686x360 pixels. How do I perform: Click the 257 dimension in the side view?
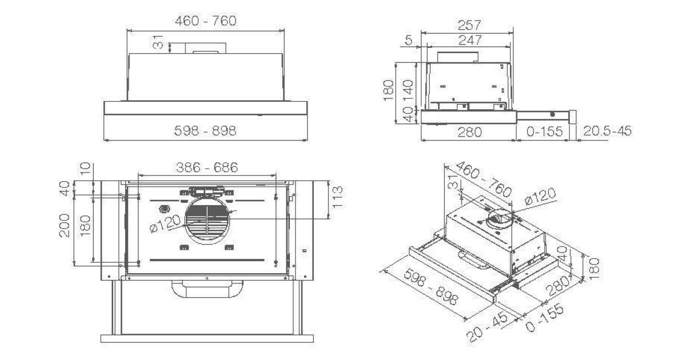[469, 25]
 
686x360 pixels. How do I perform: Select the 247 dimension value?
[470, 40]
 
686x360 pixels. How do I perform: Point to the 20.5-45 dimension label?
[607, 131]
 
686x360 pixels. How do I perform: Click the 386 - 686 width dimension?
[207, 167]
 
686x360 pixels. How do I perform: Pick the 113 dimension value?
[337, 198]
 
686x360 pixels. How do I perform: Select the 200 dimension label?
[64, 225]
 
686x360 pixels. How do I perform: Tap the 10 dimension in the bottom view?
[85, 169]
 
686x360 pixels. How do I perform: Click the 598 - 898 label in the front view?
[205, 131]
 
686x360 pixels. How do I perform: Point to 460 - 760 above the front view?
[206, 21]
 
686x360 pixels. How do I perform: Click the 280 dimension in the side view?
[470, 132]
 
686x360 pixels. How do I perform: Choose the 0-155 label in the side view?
[544, 131]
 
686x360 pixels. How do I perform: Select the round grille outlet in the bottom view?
[208, 221]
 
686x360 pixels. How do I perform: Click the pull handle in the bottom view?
[208, 289]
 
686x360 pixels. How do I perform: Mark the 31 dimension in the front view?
[158, 42]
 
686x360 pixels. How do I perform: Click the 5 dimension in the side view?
[409, 40]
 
